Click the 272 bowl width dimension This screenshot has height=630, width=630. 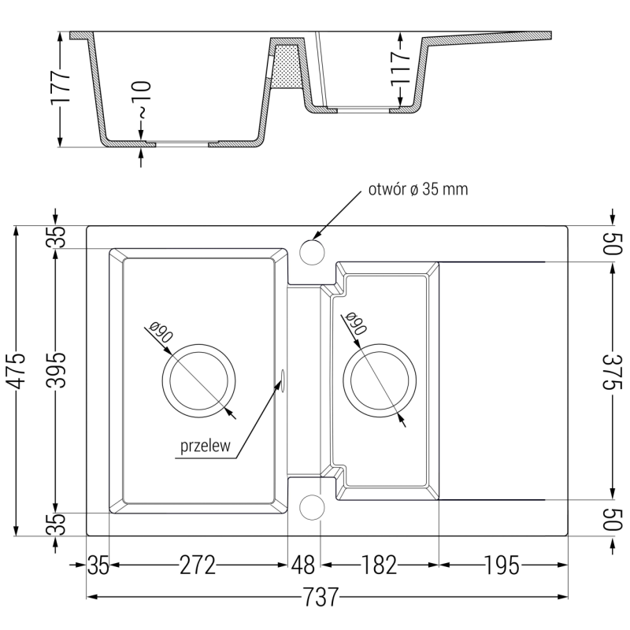[197, 565]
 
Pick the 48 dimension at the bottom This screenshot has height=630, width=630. [303, 565]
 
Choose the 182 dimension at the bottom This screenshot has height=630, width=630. [380, 565]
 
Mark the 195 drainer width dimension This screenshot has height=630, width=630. [502, 565]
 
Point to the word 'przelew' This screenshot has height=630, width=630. [205, 447]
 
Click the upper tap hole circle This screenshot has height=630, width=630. [312, 254]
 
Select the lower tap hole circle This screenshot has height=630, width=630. [312, 507]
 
